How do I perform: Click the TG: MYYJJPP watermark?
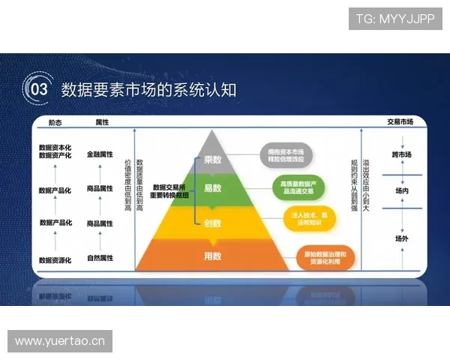(x=395, y=18)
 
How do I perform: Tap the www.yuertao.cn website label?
(x=60, y=341)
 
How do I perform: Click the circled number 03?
(x=37, y=89)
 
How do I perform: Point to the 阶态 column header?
(x=55, y=121)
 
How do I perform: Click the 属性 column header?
(x=103, y=121)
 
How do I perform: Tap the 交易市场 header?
(x=400, y=121)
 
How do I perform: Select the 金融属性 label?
(x=100, y=154)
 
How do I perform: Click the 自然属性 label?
(x=100, y=258)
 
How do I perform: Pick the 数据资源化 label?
(x=55, y=260)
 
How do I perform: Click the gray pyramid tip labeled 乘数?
(x=213, y=159)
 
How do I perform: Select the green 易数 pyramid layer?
(x=213, y=188)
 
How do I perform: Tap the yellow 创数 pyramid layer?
(x=213, y=223)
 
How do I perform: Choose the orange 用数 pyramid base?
(x=212, y=256)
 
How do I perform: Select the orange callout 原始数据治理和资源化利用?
(x=324, y=258)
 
